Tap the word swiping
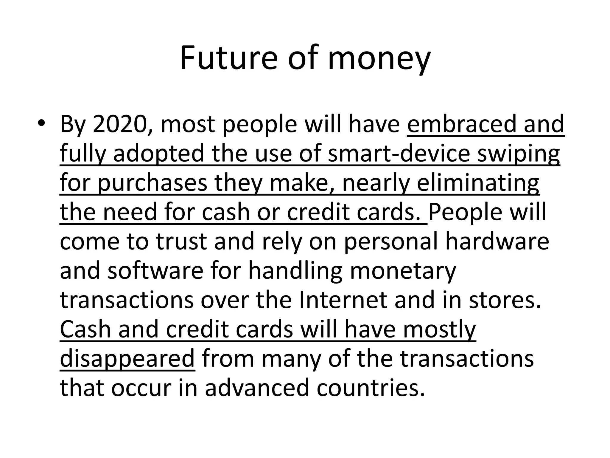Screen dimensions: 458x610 (518, 154)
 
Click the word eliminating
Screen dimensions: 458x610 (478, 182)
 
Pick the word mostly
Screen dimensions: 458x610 (439, 330)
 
